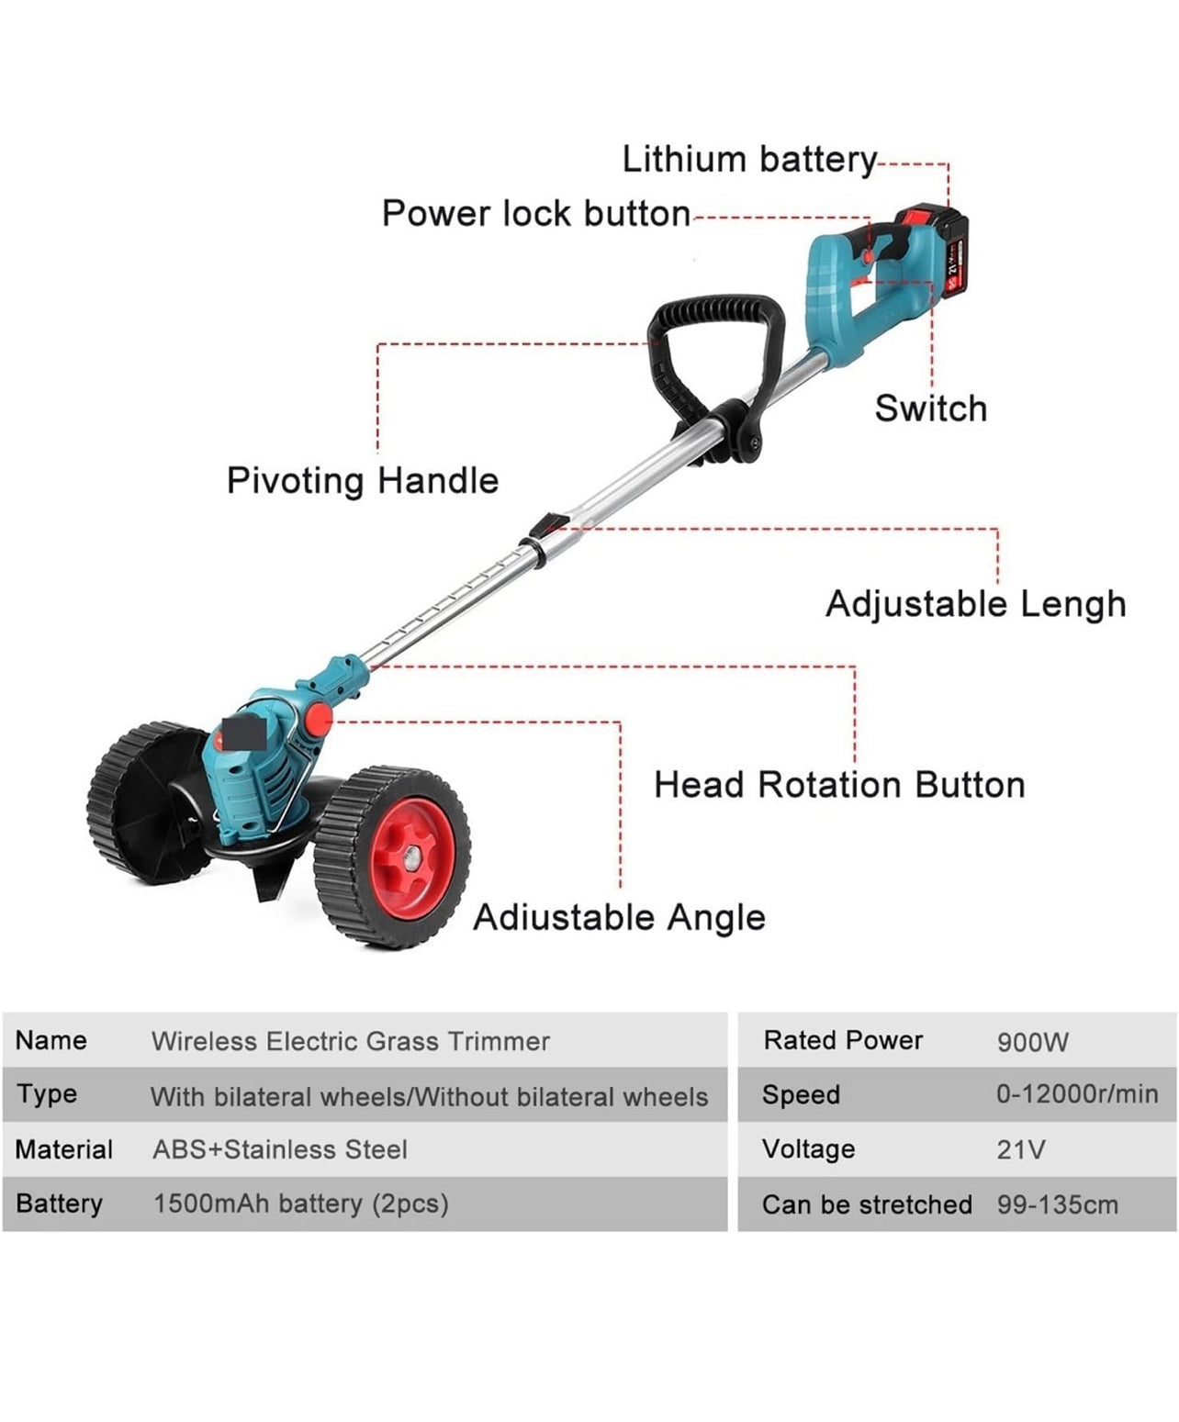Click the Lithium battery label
(749, 161)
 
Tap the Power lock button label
(536, 213)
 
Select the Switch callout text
(930, 409)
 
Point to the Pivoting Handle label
(363, 481)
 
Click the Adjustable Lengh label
(975, 605)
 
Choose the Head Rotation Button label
(839, 785)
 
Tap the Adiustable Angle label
(619, 918)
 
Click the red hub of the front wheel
(413, 858)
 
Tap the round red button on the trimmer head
(318, 719)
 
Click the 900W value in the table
(1032, 1043)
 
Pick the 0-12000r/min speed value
(1077, 1094)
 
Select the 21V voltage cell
(1020, 1149)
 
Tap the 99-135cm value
(1057, 1204)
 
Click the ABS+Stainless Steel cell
(280, 1149)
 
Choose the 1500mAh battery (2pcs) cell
(300, 1204)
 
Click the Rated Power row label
(843, 1041)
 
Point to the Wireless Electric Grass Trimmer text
(350, 1042)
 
